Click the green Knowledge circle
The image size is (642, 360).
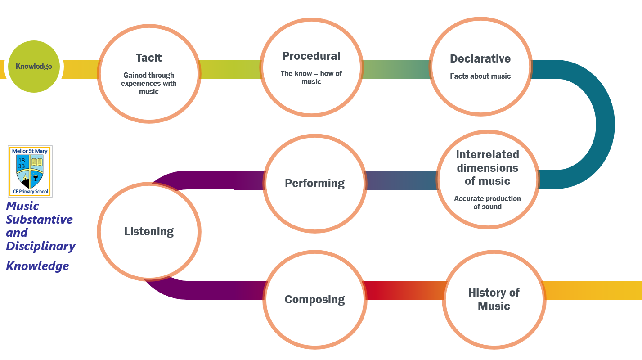pos(34,67)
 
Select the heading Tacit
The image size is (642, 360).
pos(149,58)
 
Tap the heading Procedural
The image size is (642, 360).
pos(311,56)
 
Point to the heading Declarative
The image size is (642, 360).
pos(480,59)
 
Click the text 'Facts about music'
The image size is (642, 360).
pos(480,76)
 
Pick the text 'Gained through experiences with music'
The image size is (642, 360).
pos(149,83)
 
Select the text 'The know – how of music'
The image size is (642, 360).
pos(311,78)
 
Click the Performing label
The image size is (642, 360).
pos(314,184)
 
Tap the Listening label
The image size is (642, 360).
pos(149,232)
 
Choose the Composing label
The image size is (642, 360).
pos(314,300)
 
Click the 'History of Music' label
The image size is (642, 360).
pos(494,300)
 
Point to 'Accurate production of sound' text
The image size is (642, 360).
pos(488,202)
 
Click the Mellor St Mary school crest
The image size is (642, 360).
pos(30,171)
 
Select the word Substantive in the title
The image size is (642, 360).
pos(39,220)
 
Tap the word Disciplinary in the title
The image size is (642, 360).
pos(40,246)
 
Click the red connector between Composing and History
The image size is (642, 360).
pos(405,290)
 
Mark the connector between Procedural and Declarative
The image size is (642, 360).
pos(396,70)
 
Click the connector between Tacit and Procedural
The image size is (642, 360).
pos(230,70)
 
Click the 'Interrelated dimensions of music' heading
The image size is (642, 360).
pos(488,168)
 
